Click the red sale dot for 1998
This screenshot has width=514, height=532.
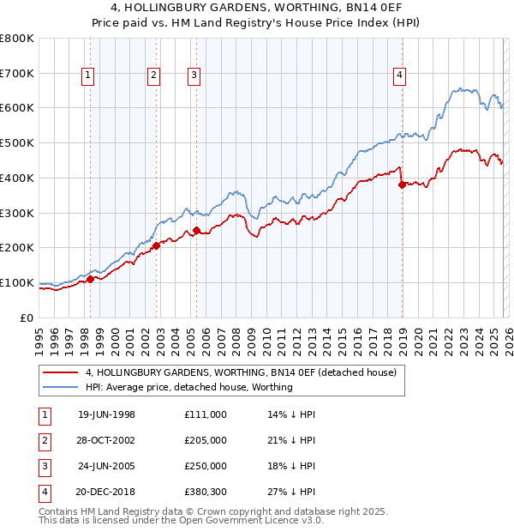point(91,279)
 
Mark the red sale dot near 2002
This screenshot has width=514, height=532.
point(157,245)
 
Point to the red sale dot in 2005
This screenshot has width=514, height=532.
point(197,230)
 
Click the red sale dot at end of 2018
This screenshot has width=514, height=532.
point(402,184)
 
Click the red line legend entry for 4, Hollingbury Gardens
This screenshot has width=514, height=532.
point(240,373)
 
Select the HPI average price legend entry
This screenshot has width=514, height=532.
point(188,387)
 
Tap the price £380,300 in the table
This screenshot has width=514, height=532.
point(205,492)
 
